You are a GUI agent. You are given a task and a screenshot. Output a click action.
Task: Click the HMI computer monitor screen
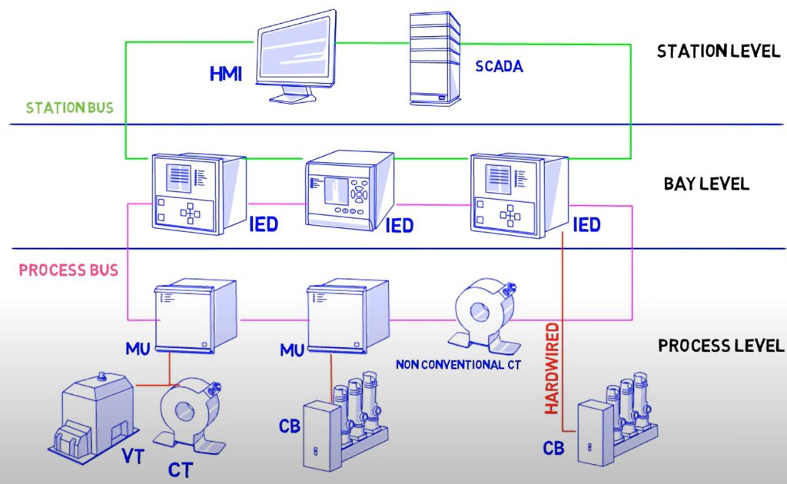[296, 49]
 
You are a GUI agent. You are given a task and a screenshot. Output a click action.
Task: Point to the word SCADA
[499, 67]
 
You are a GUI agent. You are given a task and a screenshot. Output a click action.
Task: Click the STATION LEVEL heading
[717, 51]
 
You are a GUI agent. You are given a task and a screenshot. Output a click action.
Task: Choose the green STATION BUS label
[70, 108]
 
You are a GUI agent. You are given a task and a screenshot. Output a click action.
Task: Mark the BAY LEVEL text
[706, 185]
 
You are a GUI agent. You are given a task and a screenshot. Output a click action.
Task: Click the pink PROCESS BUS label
[68, 270]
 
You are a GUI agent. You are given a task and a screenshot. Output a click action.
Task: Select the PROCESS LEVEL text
[721, 346]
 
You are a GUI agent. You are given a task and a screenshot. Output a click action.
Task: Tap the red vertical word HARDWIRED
[551, 369]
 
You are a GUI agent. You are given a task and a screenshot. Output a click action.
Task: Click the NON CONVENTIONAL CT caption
[459, 364]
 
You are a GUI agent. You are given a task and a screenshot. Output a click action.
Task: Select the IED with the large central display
[349, 188]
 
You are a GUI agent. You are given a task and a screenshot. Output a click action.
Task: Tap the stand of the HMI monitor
[295, 94]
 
